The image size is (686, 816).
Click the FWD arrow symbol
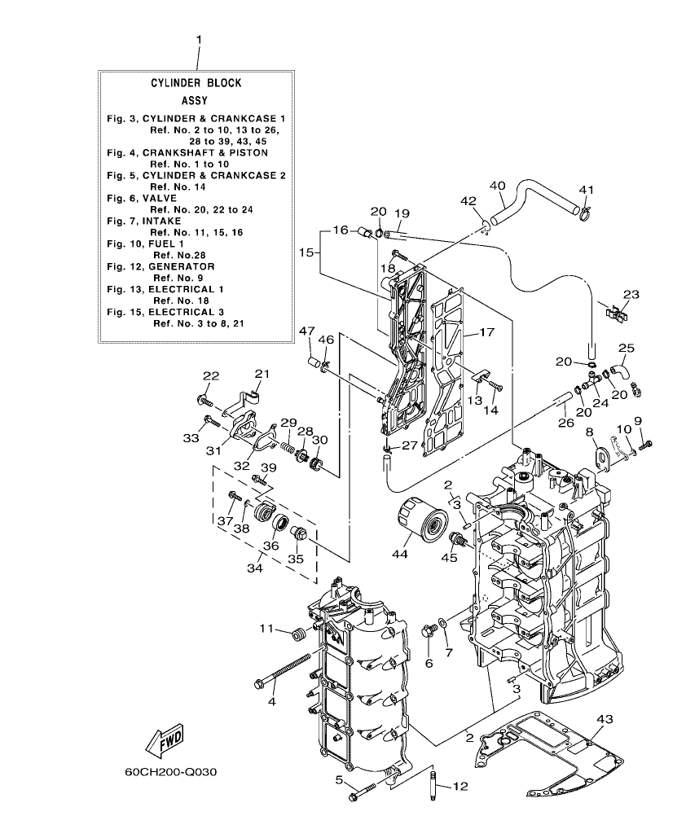(164, 740)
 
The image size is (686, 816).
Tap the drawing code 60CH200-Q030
(170, 770)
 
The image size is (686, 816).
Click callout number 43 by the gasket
(604, 719)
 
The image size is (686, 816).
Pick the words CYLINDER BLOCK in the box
(196, 83)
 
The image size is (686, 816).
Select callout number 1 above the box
(198, 39)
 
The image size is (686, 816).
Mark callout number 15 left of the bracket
(306, 252)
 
